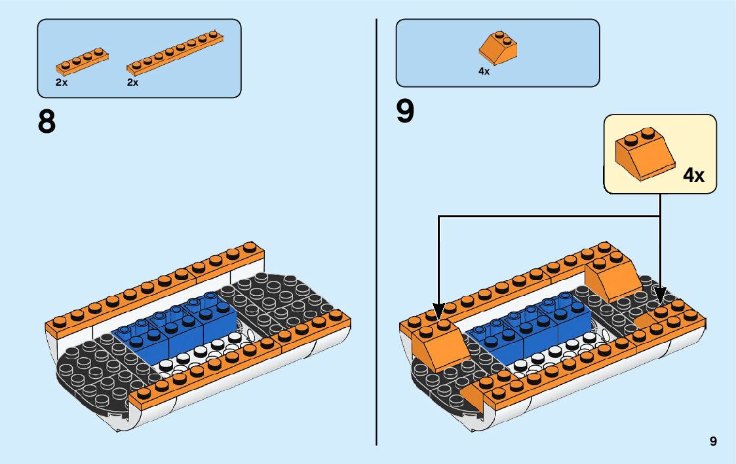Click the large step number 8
47,122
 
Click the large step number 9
405,111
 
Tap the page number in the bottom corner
713,442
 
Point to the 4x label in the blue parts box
484,71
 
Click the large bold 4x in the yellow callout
693,175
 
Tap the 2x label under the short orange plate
62,83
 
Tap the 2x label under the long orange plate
132,83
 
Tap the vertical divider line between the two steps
376,229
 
